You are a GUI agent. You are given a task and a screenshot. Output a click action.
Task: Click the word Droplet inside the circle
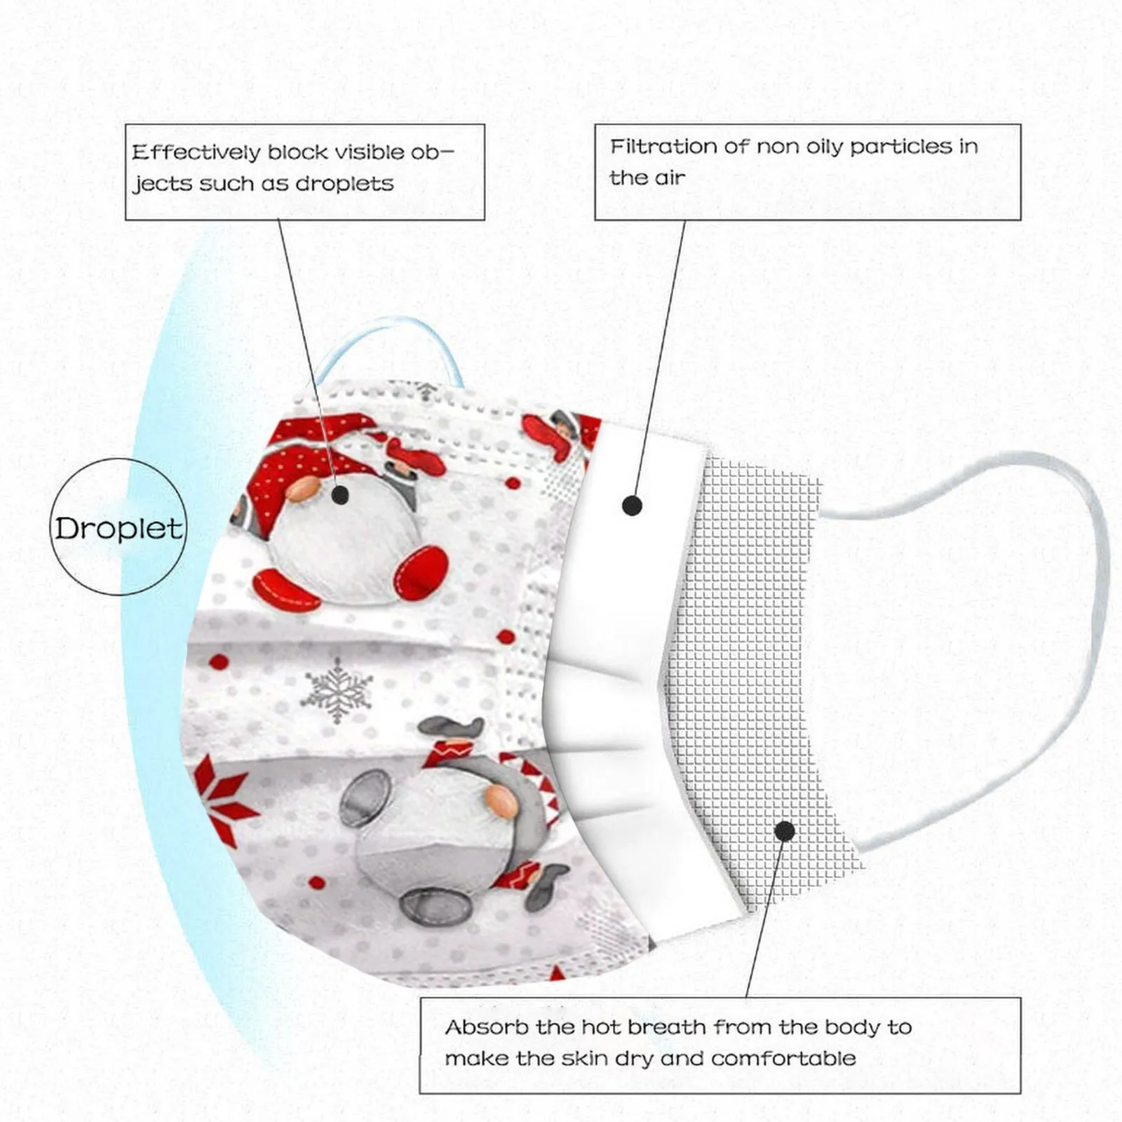click(119, 528)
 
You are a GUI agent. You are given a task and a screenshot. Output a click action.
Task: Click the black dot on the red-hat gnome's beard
click(340, 496)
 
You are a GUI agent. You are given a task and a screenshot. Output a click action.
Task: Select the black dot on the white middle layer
click(632, 506)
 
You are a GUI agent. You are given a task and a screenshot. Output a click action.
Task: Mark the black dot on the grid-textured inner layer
click(785, 832)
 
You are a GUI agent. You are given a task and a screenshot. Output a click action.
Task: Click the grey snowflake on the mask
click(337, 689)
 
